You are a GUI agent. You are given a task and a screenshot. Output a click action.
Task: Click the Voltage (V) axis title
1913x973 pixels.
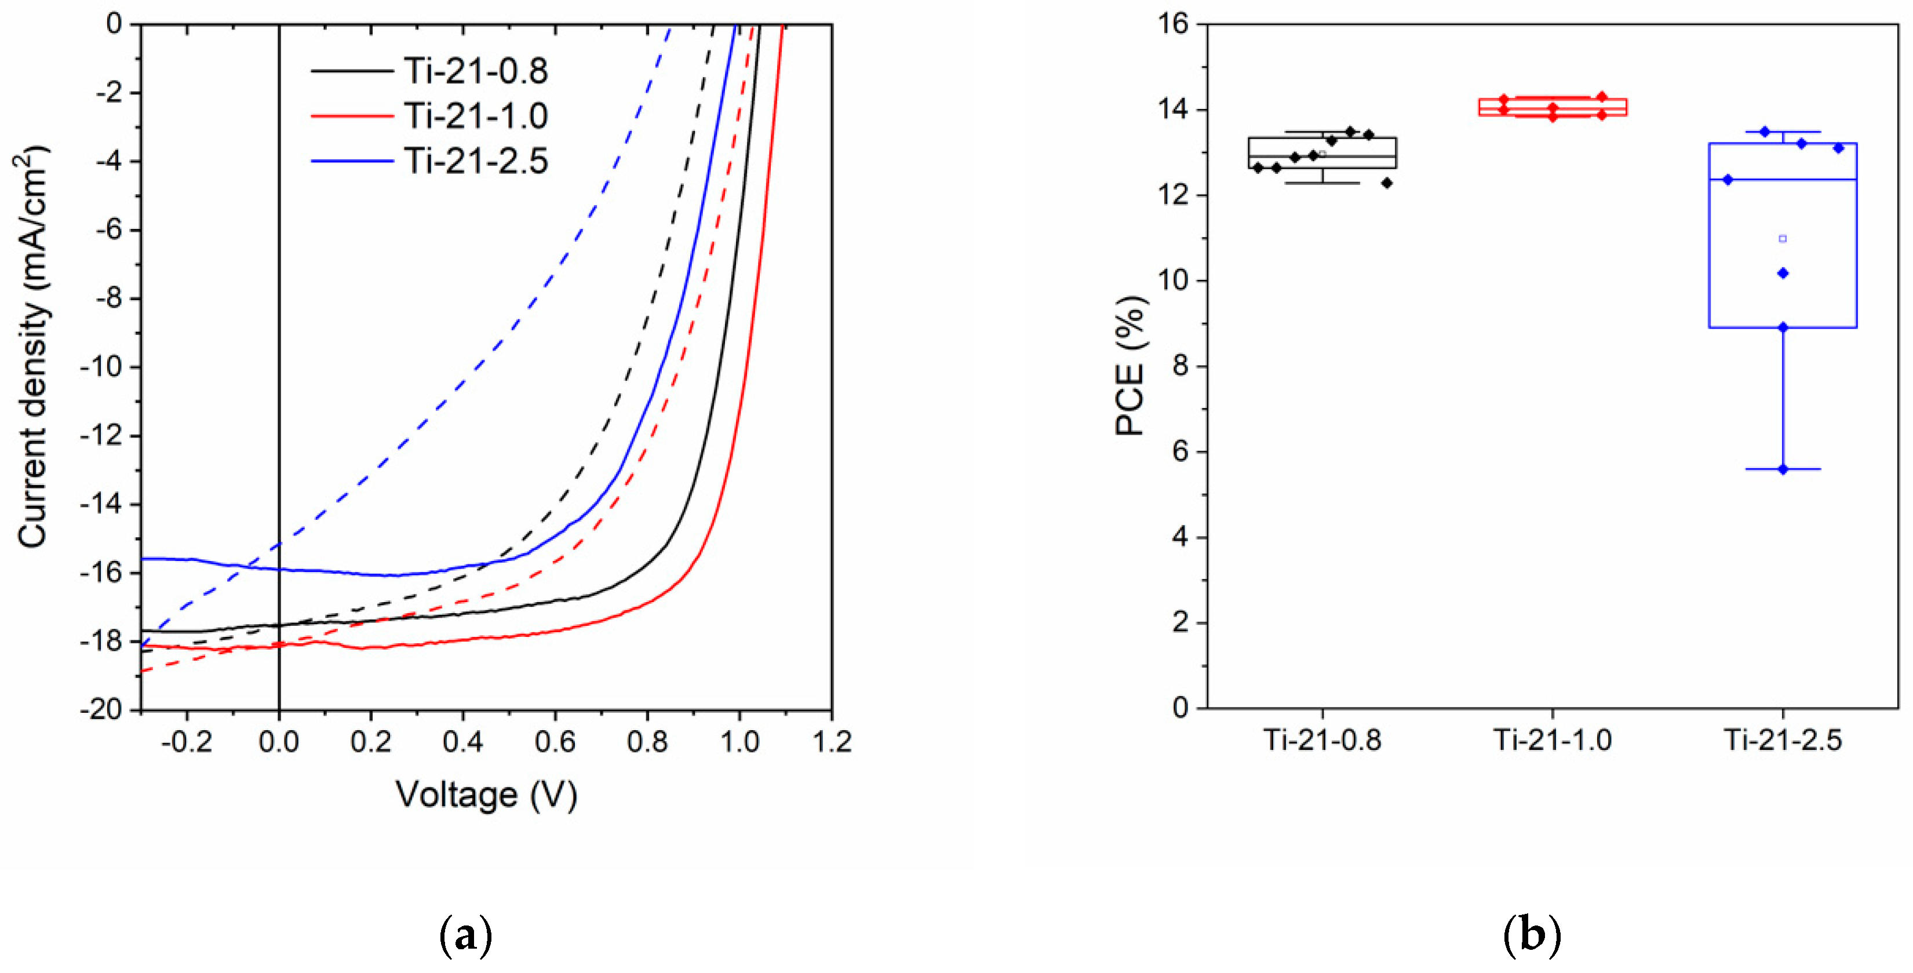[x=486, y=796]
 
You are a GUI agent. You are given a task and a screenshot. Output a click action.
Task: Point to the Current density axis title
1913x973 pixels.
[x=32, y=347]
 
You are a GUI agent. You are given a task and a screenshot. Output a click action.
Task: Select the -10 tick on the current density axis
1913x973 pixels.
[x=103, y=367]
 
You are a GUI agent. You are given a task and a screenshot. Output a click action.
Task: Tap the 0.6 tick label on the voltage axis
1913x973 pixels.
[x=555, y=741]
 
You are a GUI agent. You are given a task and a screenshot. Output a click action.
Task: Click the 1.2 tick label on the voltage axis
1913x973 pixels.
[x=831, y=741]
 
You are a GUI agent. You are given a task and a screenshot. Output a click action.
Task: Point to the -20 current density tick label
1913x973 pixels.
[x=103, y=710]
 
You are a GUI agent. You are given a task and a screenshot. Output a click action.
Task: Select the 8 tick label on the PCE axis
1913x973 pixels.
[x=1180, y=366]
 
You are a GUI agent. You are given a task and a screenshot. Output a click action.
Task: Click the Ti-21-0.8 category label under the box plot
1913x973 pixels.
[x=1322, y=741]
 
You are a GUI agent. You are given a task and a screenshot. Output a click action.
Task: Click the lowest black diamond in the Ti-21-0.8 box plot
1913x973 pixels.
[x=1386, y=183]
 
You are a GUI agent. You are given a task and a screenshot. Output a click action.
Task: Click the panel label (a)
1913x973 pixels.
[x=465, y=936]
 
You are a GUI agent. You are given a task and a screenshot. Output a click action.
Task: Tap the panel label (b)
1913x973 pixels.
[x=1531, y=936]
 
